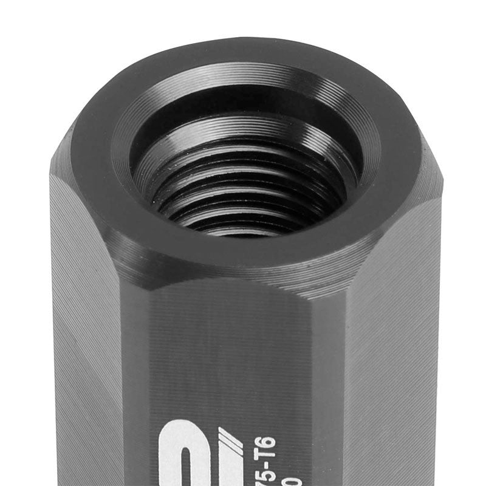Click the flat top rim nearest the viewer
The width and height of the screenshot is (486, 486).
[x=243, y=255]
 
